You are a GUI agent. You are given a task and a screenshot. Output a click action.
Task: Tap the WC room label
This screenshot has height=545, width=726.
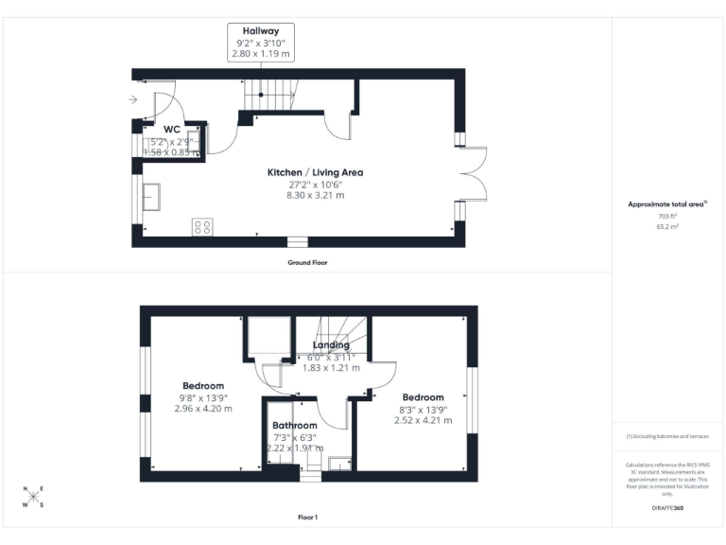point(172,130)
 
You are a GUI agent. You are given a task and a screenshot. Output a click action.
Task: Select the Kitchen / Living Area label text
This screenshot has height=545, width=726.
point(315,172)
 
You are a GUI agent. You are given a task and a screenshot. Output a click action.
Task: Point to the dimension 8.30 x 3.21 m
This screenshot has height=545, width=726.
point(315,195)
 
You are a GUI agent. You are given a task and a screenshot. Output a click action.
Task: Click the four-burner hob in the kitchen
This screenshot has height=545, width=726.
point(202,226)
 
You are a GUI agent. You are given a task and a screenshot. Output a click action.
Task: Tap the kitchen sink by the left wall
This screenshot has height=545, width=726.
point(151,197)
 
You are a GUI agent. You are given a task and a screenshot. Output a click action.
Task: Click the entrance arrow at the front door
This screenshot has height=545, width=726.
point(133,98)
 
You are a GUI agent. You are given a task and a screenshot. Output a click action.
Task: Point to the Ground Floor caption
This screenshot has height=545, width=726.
point(307,262)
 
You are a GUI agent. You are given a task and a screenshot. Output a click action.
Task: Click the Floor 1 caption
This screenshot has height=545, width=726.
point(307,518)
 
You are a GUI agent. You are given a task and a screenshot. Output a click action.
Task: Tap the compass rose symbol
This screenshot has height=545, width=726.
point(33,497)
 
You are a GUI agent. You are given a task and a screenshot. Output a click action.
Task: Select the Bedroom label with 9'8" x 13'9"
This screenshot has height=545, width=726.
point(203,386)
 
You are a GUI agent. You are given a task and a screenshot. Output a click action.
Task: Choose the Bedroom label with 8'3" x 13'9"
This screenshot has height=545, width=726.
point(423,397)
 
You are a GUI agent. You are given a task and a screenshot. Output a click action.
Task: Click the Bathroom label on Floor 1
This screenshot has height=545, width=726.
point(295,425)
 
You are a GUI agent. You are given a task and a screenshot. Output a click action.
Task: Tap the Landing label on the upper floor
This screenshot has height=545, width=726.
point(331,345)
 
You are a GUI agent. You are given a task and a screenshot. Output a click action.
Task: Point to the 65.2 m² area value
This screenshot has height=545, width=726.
point(668,227)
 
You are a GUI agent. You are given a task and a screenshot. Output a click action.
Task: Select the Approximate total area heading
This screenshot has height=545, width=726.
point(667,203)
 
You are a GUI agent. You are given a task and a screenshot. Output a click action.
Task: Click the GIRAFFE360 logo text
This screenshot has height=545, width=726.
point(668,508)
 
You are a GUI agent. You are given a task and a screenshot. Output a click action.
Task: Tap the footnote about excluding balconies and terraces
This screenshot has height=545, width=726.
point(667,436)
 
